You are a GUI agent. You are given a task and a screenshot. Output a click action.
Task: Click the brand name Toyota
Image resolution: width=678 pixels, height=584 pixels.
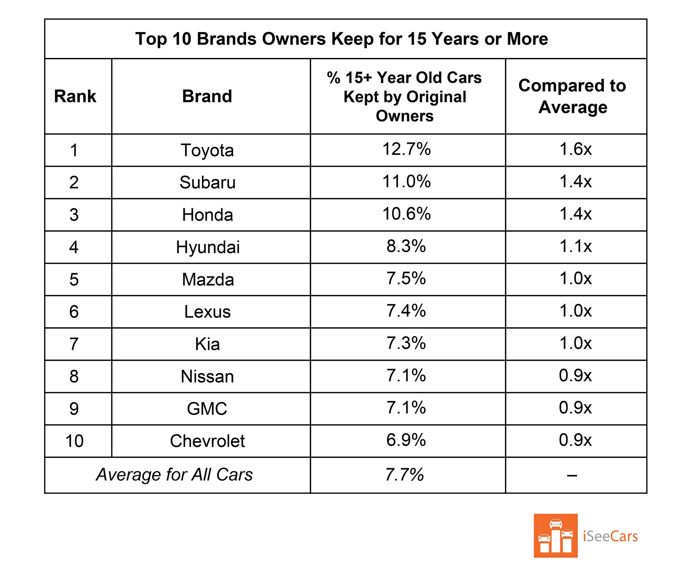tap(207, 150)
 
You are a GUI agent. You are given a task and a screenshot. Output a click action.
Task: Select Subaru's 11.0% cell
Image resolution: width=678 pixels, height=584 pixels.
tap(406, 181)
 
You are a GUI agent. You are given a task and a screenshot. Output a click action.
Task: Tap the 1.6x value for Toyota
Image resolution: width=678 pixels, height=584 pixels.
tap(575, 149)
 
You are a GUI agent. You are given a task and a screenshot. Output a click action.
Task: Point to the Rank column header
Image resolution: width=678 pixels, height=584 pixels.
tap(75, 96)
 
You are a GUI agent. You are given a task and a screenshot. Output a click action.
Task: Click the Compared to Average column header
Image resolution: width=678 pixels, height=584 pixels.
tap(572, 96)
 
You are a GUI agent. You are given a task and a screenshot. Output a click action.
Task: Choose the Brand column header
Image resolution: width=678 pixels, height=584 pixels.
tap(207, 96)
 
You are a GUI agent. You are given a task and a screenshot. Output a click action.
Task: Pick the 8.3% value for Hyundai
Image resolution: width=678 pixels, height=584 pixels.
tap(406, 246)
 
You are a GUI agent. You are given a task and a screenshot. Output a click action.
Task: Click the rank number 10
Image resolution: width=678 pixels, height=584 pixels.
tap(74, 441)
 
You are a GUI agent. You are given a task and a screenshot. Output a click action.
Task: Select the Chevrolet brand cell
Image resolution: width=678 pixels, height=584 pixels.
tap(207, 441)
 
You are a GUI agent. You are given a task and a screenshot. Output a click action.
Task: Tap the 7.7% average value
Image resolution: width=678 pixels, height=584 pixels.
tap(404, 475)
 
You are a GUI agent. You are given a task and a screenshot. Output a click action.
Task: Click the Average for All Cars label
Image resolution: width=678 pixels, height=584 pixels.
tap(174, 475)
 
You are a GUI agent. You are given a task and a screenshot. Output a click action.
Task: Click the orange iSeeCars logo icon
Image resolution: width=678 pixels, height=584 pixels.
tap(555, 536)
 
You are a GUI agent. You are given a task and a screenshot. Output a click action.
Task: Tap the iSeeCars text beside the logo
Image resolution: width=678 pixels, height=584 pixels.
tap(610, 536)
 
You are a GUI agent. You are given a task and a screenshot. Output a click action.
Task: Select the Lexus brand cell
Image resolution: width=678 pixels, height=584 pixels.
tap(207, 312)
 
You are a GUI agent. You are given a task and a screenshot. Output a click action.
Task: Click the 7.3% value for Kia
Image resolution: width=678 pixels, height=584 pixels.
tap(406, 343)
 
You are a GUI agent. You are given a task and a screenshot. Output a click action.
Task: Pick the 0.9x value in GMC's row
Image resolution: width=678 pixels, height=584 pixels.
tap(575, 408)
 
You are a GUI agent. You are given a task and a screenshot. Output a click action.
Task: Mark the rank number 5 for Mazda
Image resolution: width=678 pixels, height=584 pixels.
tap(74, 280)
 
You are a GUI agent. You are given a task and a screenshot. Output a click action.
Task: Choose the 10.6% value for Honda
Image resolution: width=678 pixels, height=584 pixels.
tap(406, 214)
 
